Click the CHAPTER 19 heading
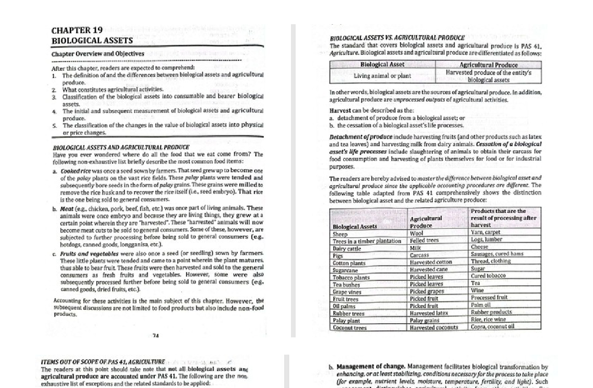pos(77,30)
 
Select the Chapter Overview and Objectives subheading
pos(98,53)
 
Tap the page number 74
pos(156,336)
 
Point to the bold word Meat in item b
pos(67,208)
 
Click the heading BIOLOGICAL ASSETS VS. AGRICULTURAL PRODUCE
pos(397,38)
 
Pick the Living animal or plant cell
pos(382,76)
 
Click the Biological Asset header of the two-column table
pos(382,64)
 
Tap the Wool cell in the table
pos(417,233)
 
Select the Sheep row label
pos(340,234)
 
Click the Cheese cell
pos(479,247)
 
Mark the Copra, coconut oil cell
pos(493,327)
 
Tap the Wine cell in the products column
pos(477,291)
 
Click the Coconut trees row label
pos(349,327)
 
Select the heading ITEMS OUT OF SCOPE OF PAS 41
pos(103,362)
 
